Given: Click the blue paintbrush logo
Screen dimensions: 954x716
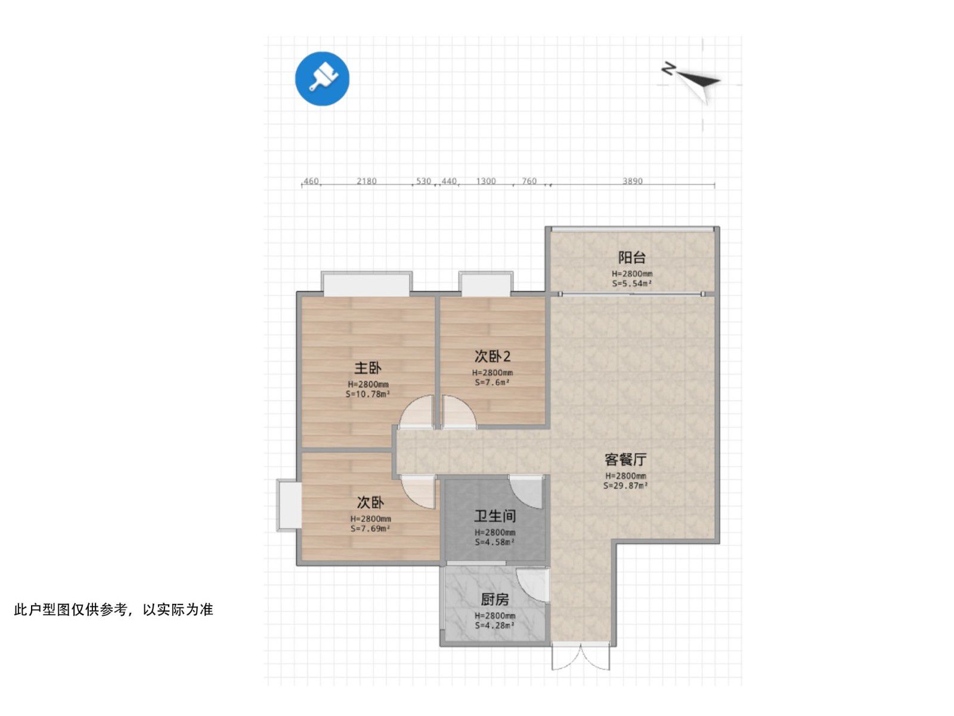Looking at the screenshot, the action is click(x=322, y=79).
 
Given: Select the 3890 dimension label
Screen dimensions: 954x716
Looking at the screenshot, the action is click(x=633, y=181).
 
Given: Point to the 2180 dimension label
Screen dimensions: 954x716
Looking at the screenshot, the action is click(x=366, y=181).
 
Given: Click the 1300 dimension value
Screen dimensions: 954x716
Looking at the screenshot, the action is click(x=486, y=181).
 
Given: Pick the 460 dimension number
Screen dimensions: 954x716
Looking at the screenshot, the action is click(x=311, y=181).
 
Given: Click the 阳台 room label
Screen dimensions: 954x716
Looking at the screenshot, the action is click(x=631, y=257).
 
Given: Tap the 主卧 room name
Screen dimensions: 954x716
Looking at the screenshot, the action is click(x=368, y=368).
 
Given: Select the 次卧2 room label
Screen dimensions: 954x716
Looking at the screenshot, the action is click(x=492, y=356).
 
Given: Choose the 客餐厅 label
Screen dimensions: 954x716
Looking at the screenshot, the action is click(x=625, y=459).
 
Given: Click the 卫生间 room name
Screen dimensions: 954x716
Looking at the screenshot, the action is click(x=495, y=516).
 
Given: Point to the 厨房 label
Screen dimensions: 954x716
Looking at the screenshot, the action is click(x=495, y=600).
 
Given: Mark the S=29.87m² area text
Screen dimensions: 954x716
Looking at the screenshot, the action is click(x=625, y=486).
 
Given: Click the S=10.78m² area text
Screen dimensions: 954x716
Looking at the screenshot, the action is click(x=368, y=394).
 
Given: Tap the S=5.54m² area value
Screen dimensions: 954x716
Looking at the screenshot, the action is click(x=631, y=283).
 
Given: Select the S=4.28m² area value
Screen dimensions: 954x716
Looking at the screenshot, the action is click(x=495, y=625).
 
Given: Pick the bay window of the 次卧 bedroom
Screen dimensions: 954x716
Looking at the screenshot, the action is click(x=289, y=505).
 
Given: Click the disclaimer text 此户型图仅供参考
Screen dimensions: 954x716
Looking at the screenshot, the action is click(x=70, y=609).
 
